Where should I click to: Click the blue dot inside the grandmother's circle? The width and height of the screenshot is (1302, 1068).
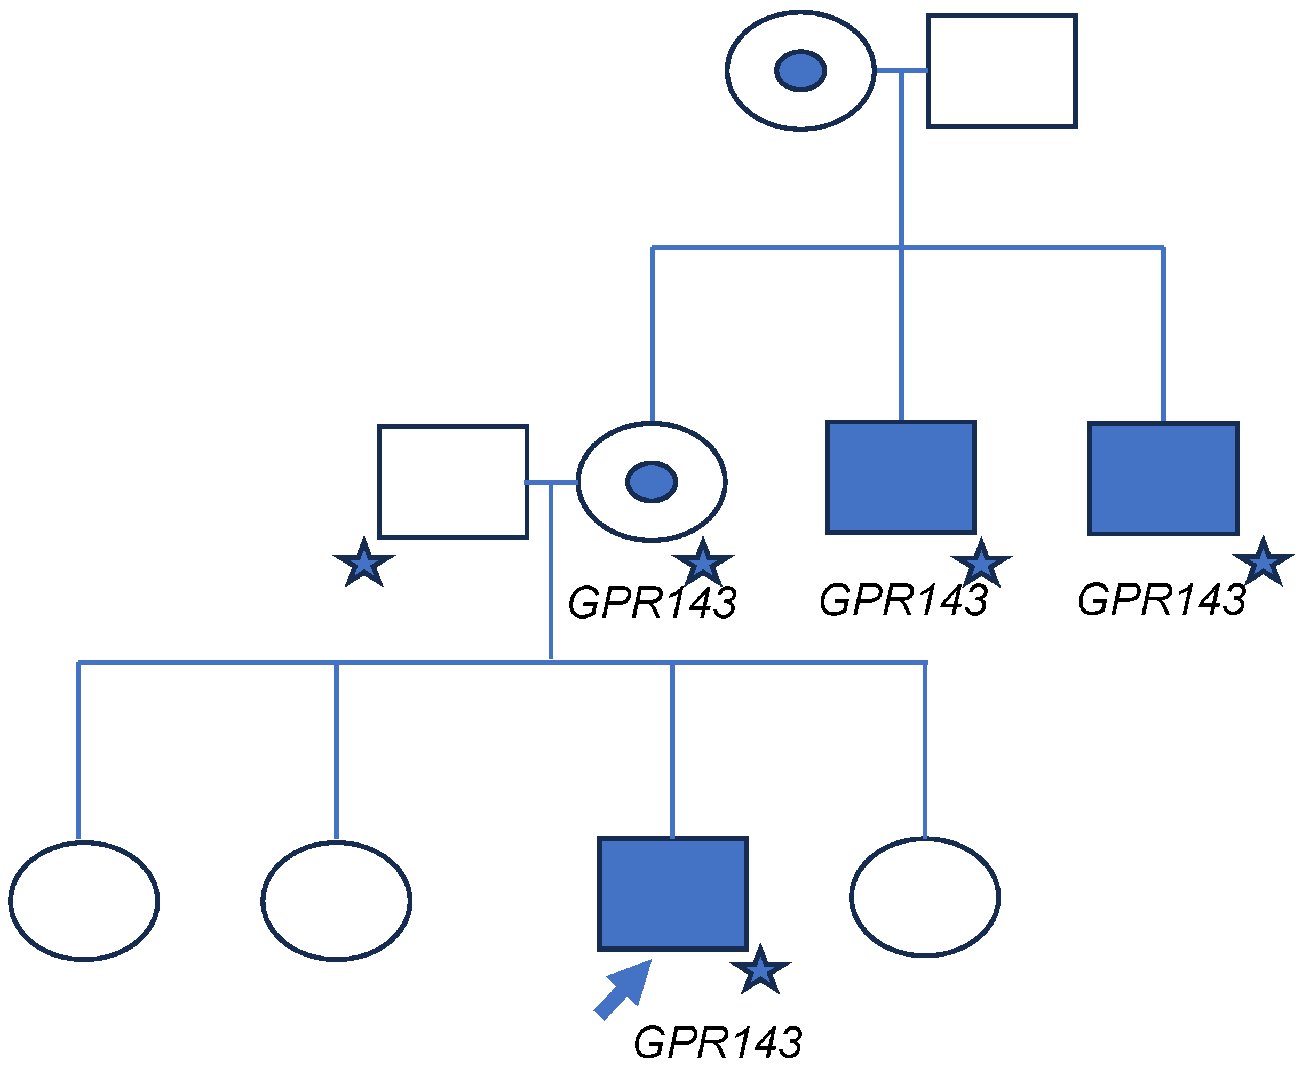click(800, 71)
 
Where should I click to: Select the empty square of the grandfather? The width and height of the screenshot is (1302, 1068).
click(1002, 71)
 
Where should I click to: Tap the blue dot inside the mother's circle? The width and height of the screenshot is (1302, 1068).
click(652, 481)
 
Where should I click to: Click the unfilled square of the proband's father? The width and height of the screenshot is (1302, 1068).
click(453, 481)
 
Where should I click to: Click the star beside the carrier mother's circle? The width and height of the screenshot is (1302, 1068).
click(702, 563)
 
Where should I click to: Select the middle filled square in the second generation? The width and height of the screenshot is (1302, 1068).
click(901, 477)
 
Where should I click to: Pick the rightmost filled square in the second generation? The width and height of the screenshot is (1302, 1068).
click(1163, 479)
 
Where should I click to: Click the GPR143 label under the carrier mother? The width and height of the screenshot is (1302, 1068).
click(652, 603)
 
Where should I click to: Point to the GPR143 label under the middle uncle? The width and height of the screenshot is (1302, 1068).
click(903, 600)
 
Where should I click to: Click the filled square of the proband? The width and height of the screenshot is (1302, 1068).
click(672, 894)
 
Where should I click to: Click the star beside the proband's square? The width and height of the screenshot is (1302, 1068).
click(760, 971)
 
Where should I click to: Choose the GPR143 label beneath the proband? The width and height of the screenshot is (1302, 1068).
click(717, 1042)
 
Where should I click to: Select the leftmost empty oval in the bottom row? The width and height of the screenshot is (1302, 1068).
click(84, 901)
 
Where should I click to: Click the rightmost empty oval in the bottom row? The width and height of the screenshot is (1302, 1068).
click(925, 897)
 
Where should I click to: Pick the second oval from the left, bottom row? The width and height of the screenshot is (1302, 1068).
click(336, 901)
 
